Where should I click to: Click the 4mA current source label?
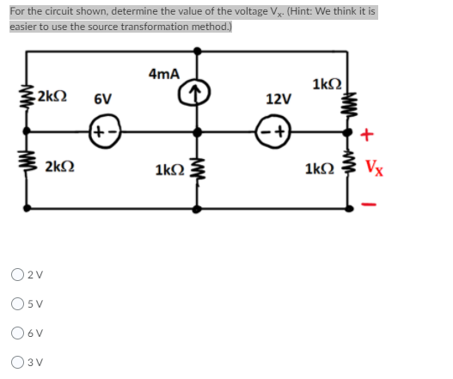163,74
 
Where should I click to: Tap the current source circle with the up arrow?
199,89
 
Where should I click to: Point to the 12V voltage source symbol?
279,134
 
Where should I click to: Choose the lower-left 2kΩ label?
58,167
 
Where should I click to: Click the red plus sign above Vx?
369,135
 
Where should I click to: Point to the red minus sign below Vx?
370,204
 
